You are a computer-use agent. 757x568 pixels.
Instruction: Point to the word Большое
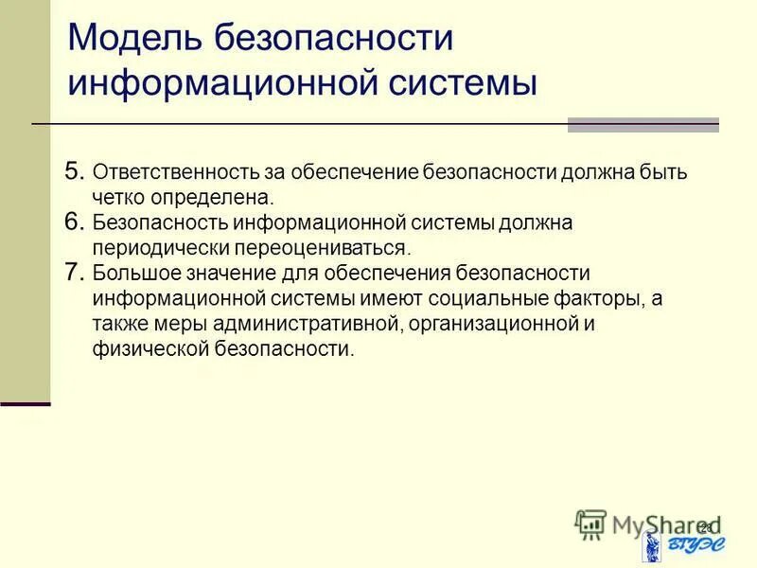pos(134,274)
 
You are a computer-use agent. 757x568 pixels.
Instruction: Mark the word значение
pos(227,274)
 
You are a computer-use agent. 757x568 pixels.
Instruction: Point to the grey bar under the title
pos(643,125)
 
